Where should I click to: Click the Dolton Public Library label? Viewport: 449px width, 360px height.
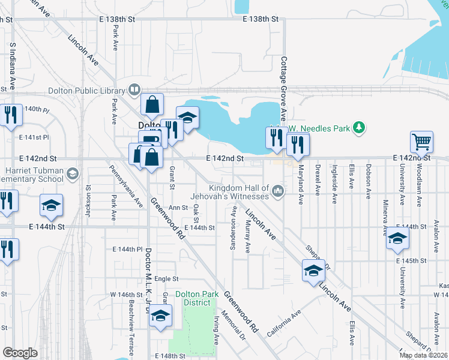[86, 91]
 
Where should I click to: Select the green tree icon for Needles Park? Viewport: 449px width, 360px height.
[358, 127]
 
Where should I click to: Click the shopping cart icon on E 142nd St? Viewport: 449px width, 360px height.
[421, 143]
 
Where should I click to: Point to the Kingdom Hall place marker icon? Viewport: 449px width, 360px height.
[277, 191]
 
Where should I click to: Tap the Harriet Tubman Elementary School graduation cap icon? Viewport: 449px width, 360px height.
[73, 174]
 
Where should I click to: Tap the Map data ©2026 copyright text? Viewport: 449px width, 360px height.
[423, 355]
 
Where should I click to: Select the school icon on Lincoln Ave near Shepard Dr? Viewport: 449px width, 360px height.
[313, 272]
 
